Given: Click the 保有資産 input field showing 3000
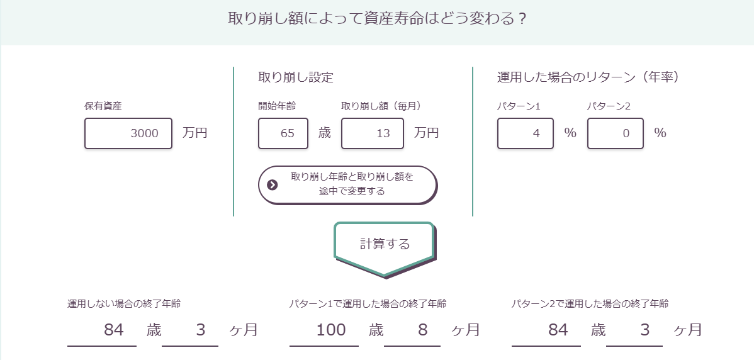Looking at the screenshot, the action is click(x=128, y=133).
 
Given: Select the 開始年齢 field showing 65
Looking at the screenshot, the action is click(x=283, y=133).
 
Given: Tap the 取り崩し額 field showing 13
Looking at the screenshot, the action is click(x=373, y=133).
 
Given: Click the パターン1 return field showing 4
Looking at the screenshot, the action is click(x=526, y=133).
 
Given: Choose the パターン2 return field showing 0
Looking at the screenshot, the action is click(x=616, y=133).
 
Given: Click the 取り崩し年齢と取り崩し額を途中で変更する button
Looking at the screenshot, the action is click(x=347, y=185).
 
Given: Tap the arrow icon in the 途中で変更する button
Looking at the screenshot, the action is click(x=273, y=185).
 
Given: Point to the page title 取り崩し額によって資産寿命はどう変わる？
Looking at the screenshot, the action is click(x=377, y=18).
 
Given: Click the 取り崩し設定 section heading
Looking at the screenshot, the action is click(x=296, y=77).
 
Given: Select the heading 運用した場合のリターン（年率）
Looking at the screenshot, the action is click(x=588, y=77).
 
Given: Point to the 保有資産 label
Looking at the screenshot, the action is click(x=103, y=106).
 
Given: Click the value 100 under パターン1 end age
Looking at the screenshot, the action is click(x=331, y=330).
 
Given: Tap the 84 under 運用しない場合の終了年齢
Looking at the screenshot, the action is click(x=114, y=330).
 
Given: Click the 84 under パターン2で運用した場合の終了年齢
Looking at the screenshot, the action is click(x=558, y=330).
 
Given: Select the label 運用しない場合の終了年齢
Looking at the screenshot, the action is click(x=124, y=304).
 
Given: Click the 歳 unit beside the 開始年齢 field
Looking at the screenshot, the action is click(x=325, y=133).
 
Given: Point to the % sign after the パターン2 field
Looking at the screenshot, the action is click(x=660, y=133).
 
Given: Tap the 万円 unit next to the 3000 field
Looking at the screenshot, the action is click(x=195, y=133).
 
